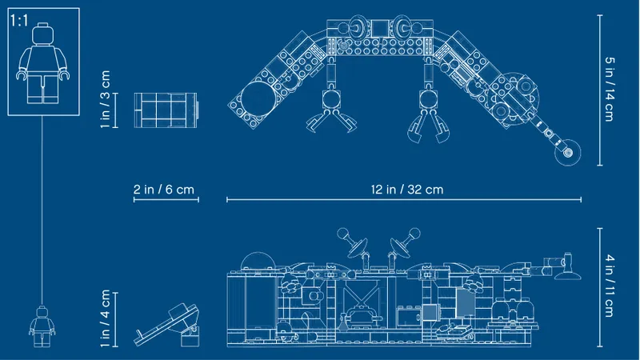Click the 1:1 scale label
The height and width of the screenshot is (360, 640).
18,20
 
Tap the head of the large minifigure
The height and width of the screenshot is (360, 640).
43,34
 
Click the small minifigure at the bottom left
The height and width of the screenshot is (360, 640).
42,326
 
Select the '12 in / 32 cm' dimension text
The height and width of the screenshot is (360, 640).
407,190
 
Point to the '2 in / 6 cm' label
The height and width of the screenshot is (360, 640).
164,190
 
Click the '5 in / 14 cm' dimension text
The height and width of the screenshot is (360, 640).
610,89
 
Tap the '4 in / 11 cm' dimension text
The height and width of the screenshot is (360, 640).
610,286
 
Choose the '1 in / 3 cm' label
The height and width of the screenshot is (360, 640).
106,99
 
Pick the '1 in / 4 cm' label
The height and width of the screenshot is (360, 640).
106,318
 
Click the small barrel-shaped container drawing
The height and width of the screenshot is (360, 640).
166,110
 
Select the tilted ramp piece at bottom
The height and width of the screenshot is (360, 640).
167,326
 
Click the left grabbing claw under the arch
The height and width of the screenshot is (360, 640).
331,110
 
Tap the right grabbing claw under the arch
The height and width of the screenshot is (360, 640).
428,115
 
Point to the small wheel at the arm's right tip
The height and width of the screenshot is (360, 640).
567,153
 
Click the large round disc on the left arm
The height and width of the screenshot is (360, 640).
258,98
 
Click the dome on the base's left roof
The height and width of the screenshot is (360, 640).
257,261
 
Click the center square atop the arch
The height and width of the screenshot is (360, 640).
379,29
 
